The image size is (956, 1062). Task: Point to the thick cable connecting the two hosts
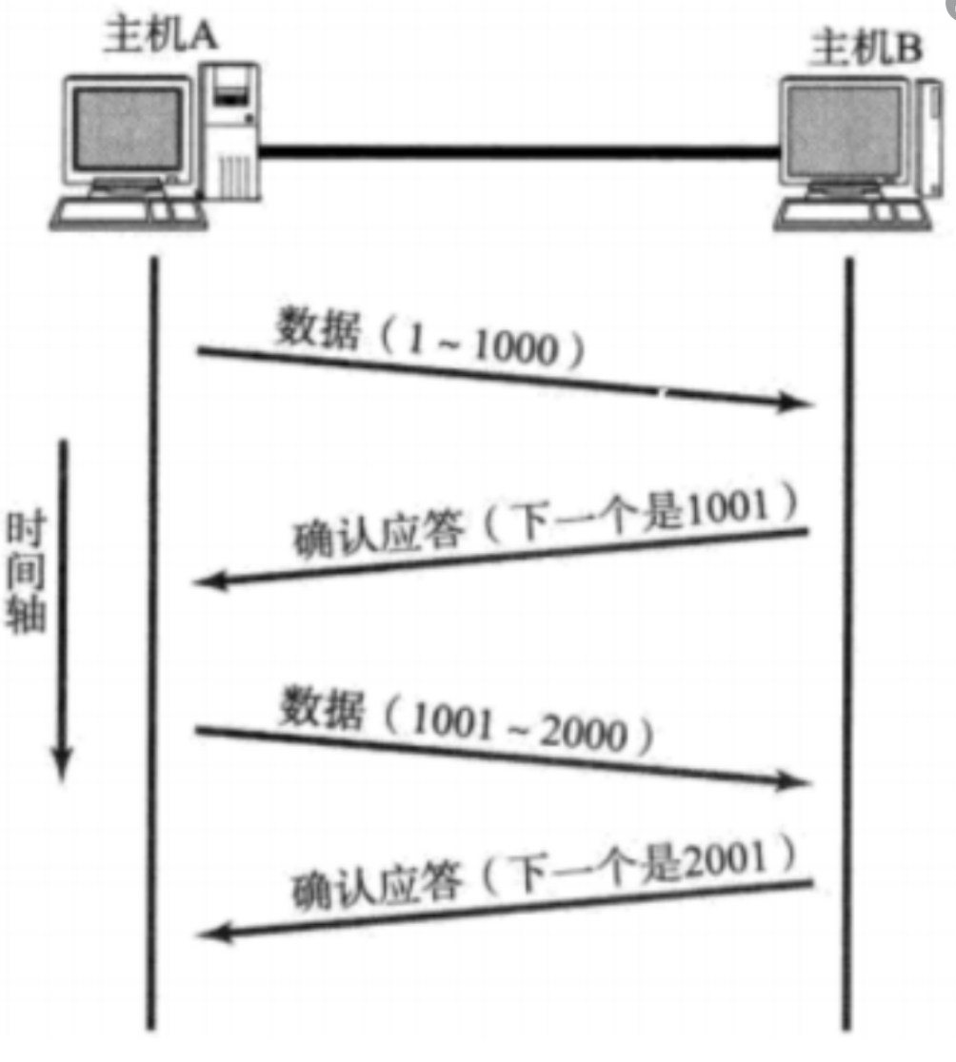click(519, 149)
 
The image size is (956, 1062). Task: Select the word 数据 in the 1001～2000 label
click(322, 709)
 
